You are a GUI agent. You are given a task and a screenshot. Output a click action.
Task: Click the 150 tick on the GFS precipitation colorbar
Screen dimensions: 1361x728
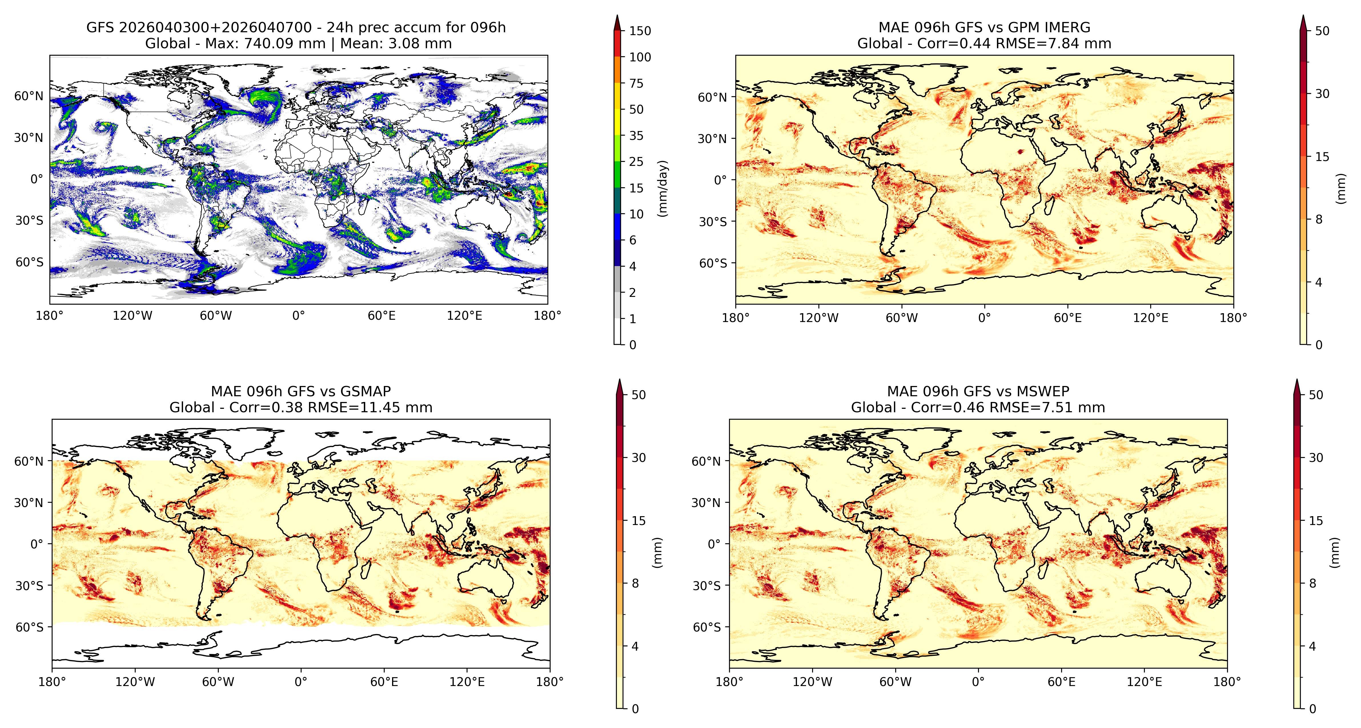coord(640,31)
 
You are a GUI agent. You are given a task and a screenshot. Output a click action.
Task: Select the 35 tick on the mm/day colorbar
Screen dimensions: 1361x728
coord(636,136)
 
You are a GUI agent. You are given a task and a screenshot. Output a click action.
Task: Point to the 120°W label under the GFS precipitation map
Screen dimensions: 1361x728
coord(132,316)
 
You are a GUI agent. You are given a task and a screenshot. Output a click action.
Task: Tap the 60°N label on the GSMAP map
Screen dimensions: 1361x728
coord(29,461)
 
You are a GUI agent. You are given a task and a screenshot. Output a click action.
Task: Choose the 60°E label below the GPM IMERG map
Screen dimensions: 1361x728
coord(1068,318)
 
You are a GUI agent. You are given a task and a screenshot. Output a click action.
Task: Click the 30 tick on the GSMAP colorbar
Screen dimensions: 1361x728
coord(639,458)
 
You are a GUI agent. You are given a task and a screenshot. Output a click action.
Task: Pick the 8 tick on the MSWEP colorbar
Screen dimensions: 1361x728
coord(1312,583)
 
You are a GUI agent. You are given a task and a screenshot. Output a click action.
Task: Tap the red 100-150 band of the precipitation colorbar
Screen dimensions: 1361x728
coord(617,44)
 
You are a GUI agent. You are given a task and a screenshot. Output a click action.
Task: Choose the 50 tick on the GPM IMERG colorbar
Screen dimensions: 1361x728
coord(1322,31)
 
